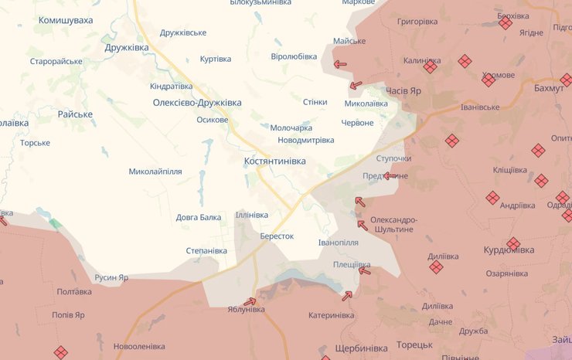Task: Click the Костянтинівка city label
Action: tap(274, 161)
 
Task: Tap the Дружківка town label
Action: tap(126, 48)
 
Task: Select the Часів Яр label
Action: tap(403, 91)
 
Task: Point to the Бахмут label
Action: tap(549, 90)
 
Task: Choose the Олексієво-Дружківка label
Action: tap(197, 103)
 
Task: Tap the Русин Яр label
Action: tap(111, 277)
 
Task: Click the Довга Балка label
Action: tap(199, 217)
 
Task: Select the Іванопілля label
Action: tap(339, 243)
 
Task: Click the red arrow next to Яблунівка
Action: tap(250, 301)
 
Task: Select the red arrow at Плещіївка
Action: tap(364, 270)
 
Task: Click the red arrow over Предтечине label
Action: tap(390, 176)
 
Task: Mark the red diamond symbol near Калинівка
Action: tap(430, 67)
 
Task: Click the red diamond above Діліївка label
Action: tap(436, 267)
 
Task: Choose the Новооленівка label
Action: tap(139, 346)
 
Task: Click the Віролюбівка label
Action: tap(294, 56)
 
